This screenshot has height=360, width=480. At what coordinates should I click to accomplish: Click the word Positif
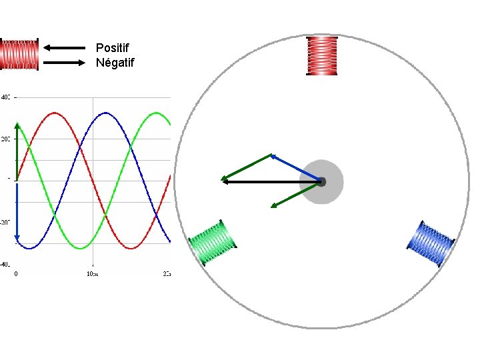[113, 48]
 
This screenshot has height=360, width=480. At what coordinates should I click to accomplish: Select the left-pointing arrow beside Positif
[65, 48]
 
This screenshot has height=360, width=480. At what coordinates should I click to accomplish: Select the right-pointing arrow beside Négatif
[65, 63]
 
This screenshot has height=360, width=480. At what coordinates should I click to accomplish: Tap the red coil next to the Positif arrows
[19, 55]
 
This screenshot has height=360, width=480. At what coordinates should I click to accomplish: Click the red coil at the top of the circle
[322, 56]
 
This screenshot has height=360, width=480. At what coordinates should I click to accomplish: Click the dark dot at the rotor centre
[321, 181]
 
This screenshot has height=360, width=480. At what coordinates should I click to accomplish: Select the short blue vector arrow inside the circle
[295, 167]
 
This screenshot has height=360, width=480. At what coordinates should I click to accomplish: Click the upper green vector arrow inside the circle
[247, 167]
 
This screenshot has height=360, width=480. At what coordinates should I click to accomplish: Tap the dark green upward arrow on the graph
[17, 150]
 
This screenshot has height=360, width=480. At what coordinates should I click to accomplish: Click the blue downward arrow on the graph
[17, 212]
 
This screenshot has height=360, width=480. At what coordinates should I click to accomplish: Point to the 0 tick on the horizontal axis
[17, 273]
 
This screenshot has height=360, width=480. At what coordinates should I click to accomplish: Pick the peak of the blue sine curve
[105, 113]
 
